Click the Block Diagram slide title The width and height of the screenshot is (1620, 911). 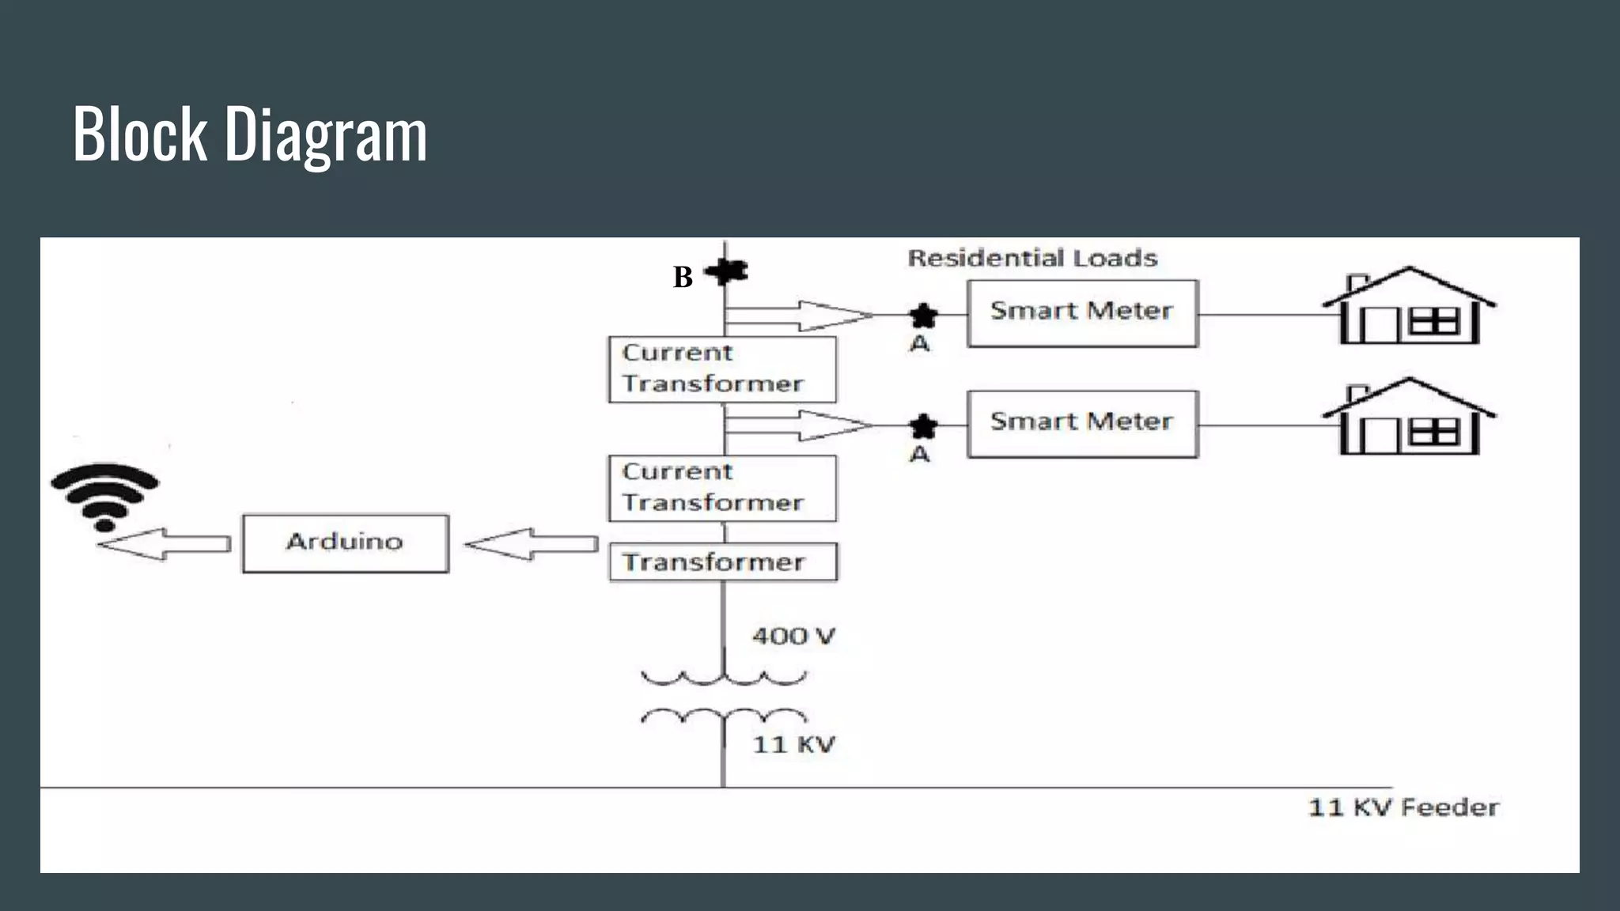pos(250,134)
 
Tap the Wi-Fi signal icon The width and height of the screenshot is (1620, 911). pos(105,495)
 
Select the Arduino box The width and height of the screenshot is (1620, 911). pos(345,543)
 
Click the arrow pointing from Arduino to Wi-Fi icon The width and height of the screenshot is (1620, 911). pos(165,544)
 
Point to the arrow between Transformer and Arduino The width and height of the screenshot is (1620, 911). pos(532,544)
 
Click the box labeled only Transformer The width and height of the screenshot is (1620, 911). pos(722,562)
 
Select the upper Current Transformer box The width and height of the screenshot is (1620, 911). pos(721,369)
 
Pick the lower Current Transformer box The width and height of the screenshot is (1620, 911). pos(721,488)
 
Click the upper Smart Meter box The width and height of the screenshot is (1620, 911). pos(1082,313)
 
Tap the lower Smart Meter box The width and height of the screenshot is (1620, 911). pos(1082,424)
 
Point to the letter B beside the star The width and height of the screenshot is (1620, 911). pos(683,278)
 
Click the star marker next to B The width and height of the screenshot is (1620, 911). pos(726,272)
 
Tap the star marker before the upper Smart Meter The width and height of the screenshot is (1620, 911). pos(922,316)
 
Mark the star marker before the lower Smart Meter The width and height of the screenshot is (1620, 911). pos(922,426)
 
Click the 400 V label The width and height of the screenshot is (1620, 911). pos(793,637)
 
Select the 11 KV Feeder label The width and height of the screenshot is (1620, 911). pos(1402,807)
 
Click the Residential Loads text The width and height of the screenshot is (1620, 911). pos(1031,258)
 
